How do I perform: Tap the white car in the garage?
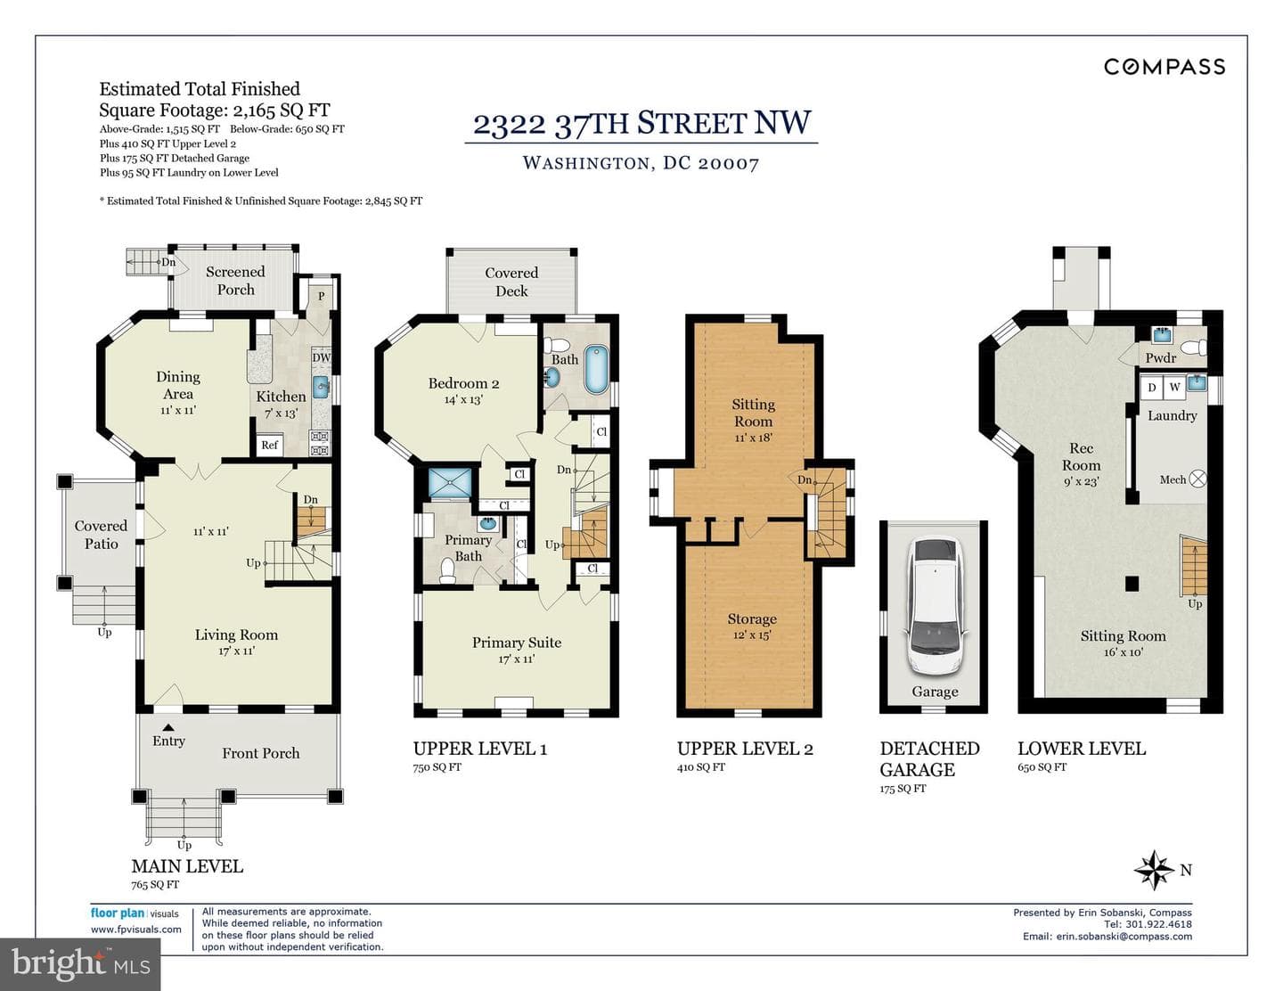pos(935,606)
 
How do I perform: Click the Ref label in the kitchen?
pos(270,445)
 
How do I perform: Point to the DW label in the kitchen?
pos(321,358)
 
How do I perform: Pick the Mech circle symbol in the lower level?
pos(1198,479)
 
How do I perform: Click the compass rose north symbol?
pos(1155,870)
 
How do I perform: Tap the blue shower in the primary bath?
pos(450,482)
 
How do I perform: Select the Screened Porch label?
pos(235,281)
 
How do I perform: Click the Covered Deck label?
pos(511,282)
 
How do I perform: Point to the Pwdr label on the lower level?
pos(1161,358)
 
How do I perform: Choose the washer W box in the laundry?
pos(1174,388)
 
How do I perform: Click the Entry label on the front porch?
pos(169,741)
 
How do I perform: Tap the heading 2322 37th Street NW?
pos(641,124)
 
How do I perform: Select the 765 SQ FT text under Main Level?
pos(155,884)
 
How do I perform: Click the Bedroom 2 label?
pos(463,383)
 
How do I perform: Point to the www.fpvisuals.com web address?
pos(135,929)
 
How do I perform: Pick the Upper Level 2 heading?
pos(745,749)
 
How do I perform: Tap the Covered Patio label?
pos(101,535)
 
